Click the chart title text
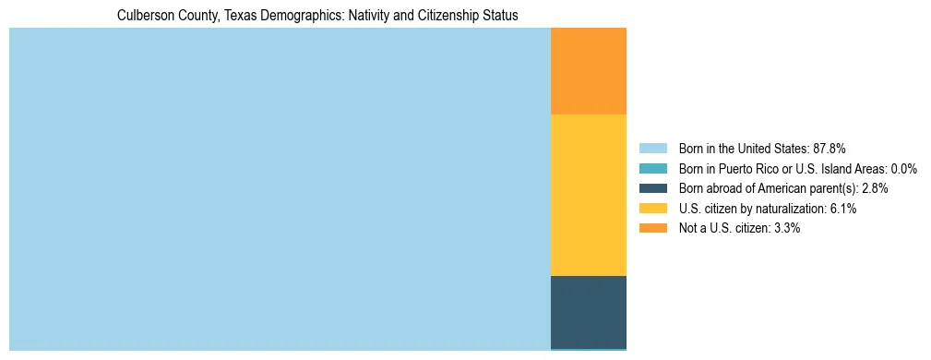click(317, 16)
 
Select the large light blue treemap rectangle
click(280, 189)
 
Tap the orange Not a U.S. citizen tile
click(588, 71)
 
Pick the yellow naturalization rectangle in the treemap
click(588, 195)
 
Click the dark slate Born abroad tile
click(588, 312)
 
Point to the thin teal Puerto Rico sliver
click(588, 350)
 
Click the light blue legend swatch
click(652, 148)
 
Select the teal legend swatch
click(652, 168)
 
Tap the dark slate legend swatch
click(652, 188)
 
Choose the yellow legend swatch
click(652, 209)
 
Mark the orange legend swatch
click(652, 228)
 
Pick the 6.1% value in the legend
click(843, 209)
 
